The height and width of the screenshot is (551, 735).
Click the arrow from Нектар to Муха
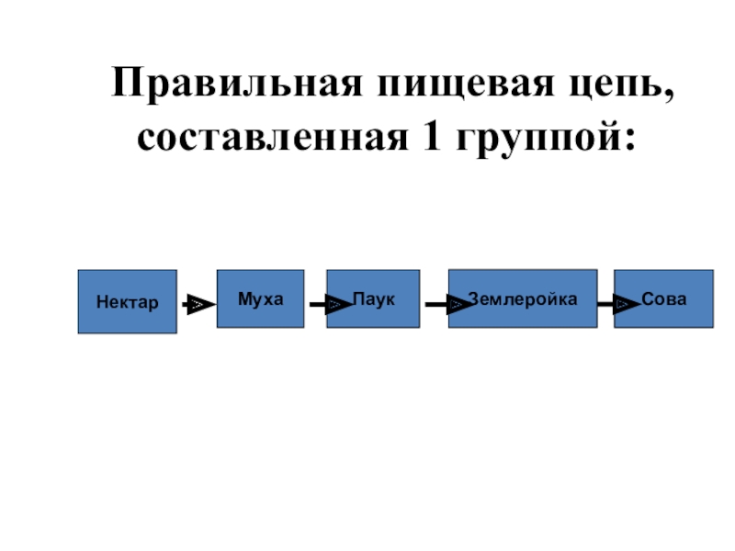(x=196, y=304)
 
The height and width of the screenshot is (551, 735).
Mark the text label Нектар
(x=127, y=301)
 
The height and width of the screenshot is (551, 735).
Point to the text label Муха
(x=260, y=298)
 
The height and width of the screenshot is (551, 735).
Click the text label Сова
(x=663, y=298)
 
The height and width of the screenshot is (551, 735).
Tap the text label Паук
(x=374, y=298)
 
